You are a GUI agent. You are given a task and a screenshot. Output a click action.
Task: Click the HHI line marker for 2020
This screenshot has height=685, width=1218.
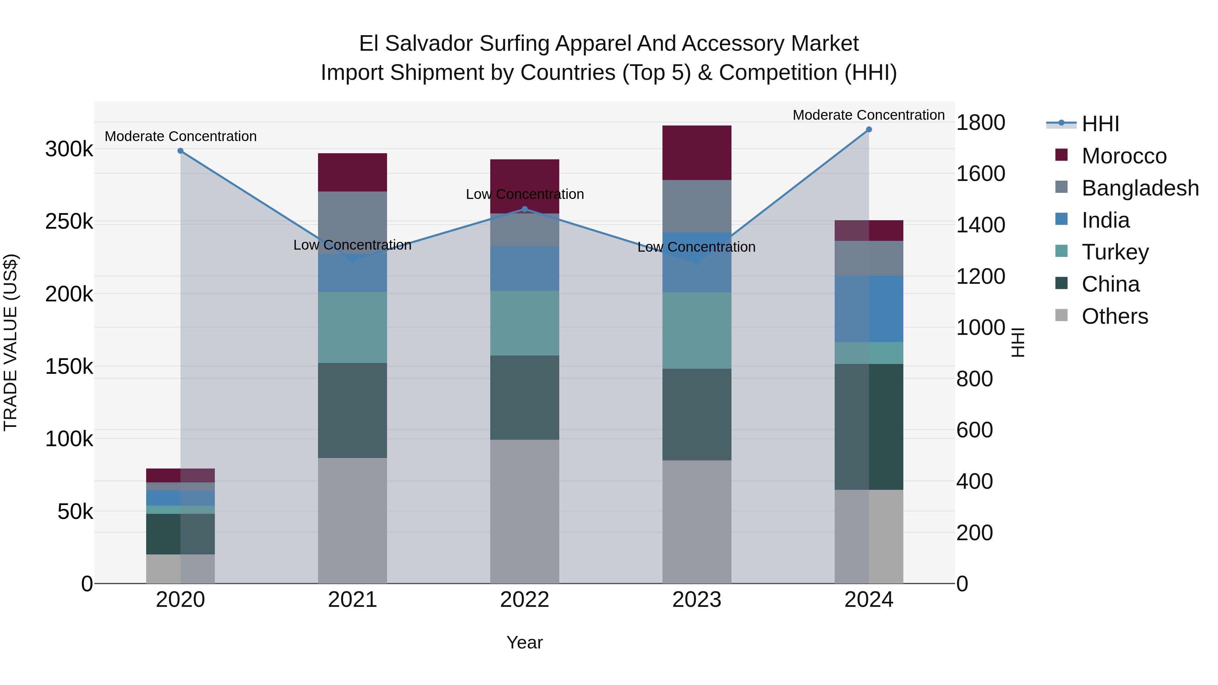click(180, 151)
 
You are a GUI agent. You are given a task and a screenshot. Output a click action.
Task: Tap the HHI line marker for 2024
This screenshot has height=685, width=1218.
click(869, 130)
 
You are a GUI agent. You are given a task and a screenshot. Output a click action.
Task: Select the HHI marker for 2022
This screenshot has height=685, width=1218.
click(524, 209)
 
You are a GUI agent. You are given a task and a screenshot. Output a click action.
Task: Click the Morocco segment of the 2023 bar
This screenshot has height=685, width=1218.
click(697, 153)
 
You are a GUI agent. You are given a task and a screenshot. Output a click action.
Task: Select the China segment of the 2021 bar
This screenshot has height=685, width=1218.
click(352, 410)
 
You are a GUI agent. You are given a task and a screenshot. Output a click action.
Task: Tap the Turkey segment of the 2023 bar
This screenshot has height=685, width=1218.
click(697, 330)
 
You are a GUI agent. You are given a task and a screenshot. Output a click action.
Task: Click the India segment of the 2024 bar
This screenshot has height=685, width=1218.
click(869, 309)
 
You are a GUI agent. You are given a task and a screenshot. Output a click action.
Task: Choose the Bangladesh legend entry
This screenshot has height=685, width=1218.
click(1140, 188)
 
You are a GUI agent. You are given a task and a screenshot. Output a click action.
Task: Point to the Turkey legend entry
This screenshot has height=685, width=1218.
click(1114, 252)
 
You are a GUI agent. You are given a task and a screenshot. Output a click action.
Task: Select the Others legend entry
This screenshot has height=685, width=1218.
click(1114, 316)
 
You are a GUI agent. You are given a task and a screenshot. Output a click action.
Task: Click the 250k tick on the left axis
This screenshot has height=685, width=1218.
click(69, 222)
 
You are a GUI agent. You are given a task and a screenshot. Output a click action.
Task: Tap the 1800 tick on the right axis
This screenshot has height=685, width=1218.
click(980, 123)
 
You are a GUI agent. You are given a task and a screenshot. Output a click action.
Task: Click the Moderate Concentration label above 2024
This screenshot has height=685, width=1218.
click(868, 115)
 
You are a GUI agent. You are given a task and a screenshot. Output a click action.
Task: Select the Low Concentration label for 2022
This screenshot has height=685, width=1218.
click(524, 194)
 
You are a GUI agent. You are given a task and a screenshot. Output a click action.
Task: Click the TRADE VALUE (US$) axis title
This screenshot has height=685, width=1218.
click(10, 342)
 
